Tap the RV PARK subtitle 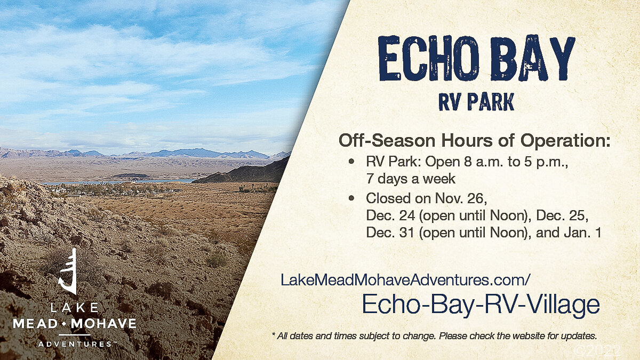coord(476,101)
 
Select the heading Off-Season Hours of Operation coord(474,141)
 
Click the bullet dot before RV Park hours coord(351,162)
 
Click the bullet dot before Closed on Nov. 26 coord(351,198)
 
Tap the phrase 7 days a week coord(411,179)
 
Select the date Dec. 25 coord(562,215)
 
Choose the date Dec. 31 coord(390,233)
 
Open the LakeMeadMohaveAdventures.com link coord(405,279)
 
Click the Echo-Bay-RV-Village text coord(481,305)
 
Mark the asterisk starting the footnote coord(274,334)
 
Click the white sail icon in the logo coord(69,271)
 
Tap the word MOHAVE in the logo coord(103,324)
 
